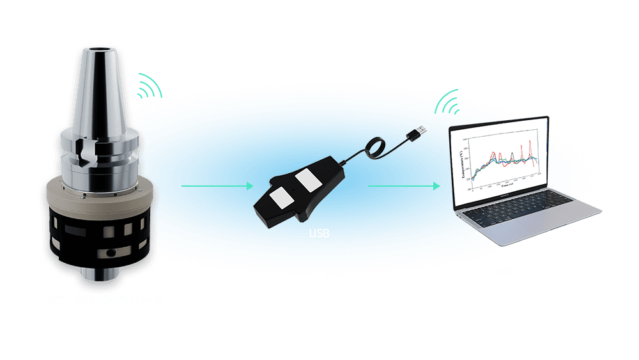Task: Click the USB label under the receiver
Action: pyautogui.click(x=319, y=234)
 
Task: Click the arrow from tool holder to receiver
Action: pyautogui.click(x=218, y=186)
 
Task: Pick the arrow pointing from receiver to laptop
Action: pyautogui.click(x=404, y=186)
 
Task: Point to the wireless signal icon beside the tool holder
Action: pyautogui.click(x=149, y=87)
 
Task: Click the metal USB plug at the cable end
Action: pyautogui.click(x=419, y=132)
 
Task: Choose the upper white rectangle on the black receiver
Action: pyautogui.click(x=308, y=181)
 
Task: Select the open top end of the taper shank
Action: pyautogui.click(x=100, y=49)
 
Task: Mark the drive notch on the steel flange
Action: pyautogui.click(x=86, y=152)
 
